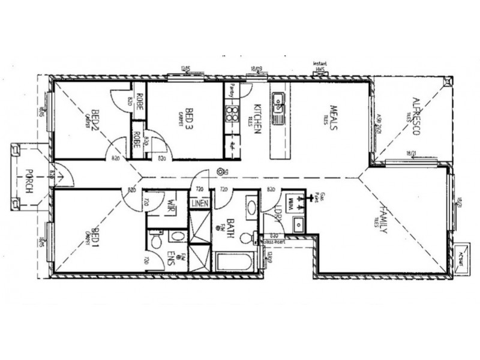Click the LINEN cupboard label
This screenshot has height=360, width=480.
[x=200, y=203]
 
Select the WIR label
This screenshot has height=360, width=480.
[x=170, y=206]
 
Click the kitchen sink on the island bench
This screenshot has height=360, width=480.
[x=278, y=105]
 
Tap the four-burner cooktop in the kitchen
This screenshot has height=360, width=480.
[x=231, y=113]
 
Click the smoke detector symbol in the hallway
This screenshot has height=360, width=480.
[x=221, y=172]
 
